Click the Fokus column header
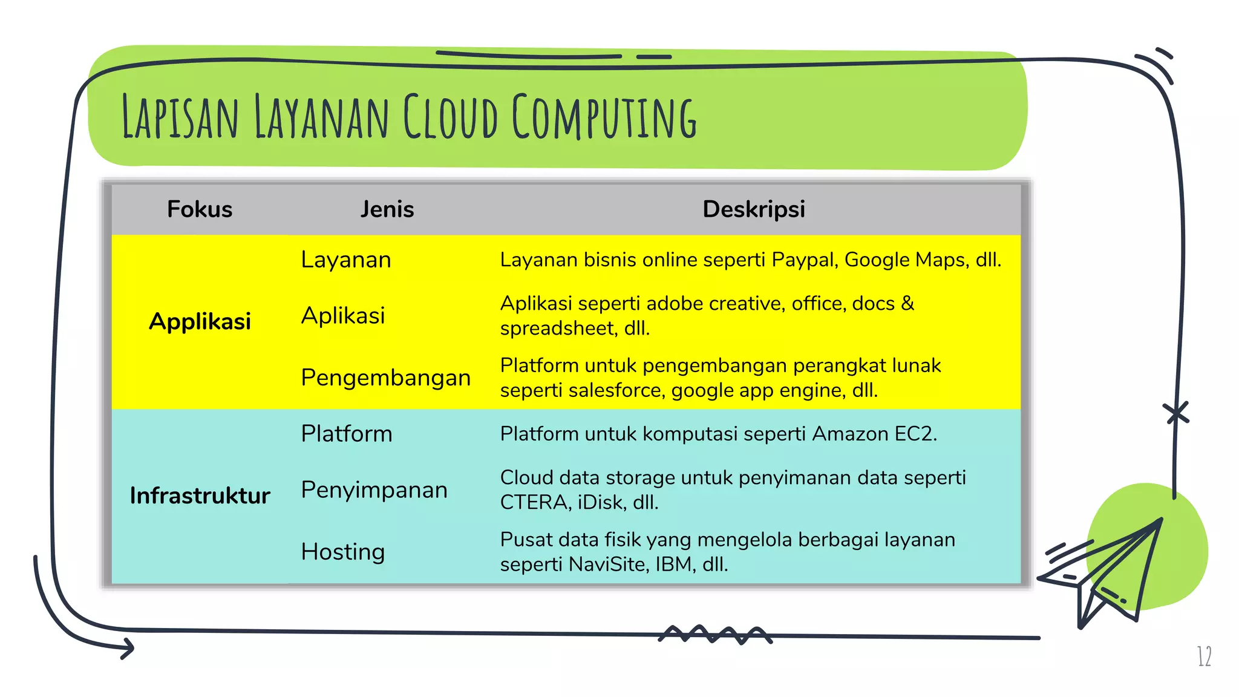tap(200, 209)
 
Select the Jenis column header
tap(387, 209)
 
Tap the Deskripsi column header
tap(754, 209)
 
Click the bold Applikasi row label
tap(200, 321)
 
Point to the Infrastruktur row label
tap(200, 496)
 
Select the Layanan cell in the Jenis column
tap(346, 260)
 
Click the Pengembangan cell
tap(385, 378)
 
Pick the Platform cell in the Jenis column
tap(347, 434)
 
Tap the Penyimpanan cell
tap(374, 490)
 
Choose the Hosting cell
tap(343, 552)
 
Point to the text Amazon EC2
tap(874, 434)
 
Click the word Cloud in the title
tap(451, 116)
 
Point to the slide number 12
tap(1204, 656)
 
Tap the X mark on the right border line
tap(1176, 414)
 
